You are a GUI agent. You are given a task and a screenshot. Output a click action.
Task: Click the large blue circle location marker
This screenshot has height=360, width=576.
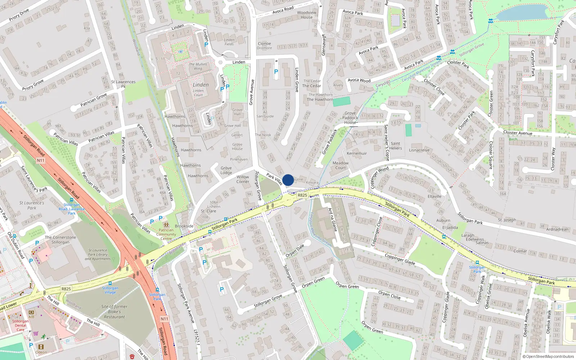tap(288, 180)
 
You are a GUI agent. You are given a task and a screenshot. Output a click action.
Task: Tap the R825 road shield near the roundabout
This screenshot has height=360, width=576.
tap(302, 195)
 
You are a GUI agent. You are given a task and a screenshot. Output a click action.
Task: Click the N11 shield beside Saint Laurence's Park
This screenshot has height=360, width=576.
tap(40, 160)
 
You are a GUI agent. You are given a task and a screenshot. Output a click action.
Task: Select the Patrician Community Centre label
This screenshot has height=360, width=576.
tap(166, 234)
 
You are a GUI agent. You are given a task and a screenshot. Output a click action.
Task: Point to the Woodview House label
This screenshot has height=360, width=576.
tap(307, 15)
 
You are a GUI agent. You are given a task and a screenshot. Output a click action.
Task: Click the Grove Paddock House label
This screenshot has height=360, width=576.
tap(350, 118)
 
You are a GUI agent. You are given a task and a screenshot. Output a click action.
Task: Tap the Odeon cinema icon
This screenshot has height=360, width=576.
tap(41, 347)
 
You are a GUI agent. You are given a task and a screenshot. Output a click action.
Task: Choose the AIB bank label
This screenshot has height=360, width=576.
tap(31, 317)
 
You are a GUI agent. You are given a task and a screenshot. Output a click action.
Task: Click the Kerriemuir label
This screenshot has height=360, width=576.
tap(357, 153)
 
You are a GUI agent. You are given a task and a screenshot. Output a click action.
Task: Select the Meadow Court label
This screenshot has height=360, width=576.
tap(341, 165)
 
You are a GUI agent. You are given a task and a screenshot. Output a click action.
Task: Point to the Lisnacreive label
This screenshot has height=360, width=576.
tap(419, 150)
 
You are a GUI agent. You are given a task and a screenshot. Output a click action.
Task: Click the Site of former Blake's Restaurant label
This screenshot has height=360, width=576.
tap(114, 312)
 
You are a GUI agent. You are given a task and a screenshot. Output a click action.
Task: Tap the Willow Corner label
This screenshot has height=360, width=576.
tap(243, 179)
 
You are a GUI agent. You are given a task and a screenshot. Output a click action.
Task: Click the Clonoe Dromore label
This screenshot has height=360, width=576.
tap(264, 45)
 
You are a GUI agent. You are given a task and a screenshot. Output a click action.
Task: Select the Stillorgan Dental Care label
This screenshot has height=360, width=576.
tap(21, 325)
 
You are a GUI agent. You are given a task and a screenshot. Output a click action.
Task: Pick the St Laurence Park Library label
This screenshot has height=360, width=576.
tap(98, 254)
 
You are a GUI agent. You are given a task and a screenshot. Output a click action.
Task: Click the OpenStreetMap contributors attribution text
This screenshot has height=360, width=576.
tap(548, 356)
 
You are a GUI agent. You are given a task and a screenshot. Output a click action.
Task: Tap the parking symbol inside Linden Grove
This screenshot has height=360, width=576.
tap(276, 72)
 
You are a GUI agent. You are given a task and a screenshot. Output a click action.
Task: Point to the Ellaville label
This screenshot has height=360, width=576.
tap(435, 196)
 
